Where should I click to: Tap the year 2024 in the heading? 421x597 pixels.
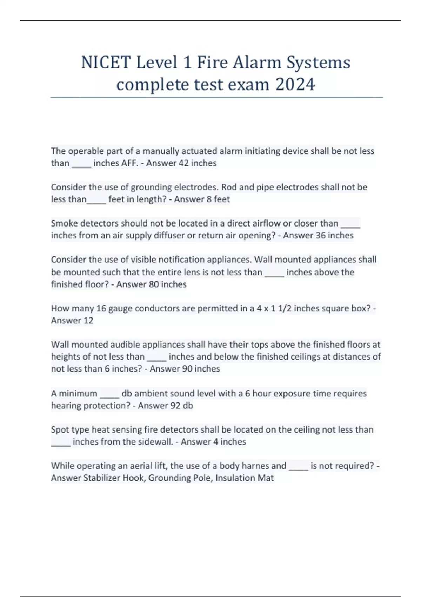[x=295, y=85]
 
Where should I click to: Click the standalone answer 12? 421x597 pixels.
[x=88, y=321]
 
